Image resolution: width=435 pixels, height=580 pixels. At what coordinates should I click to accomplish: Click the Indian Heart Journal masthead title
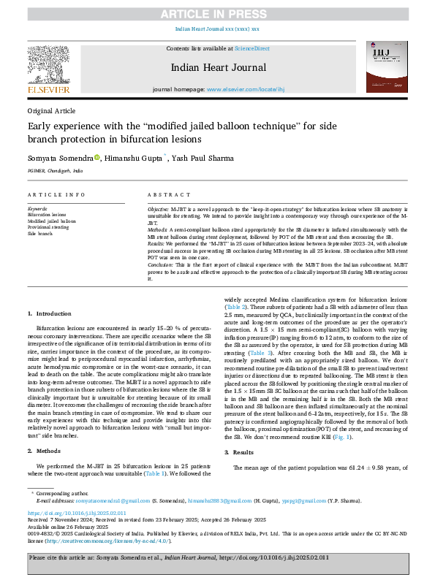point(217,67)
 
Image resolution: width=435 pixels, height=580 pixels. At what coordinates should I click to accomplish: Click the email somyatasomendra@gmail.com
point(103,500)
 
